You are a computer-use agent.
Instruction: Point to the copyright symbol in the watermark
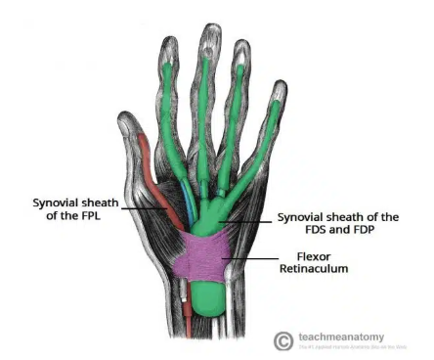[282, 339]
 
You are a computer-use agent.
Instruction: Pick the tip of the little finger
[280, 92]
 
